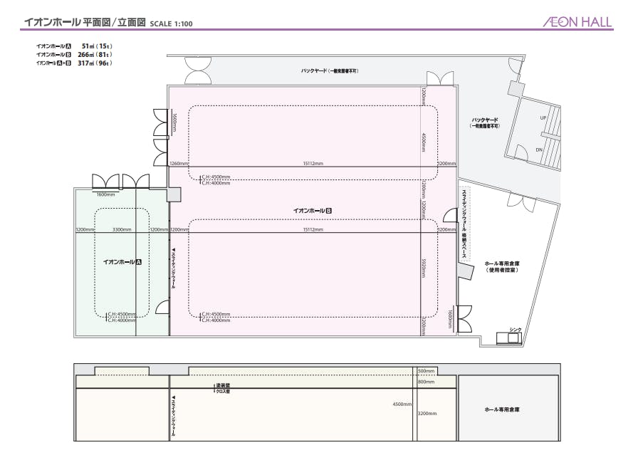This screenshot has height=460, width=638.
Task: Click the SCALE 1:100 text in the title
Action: [x=172, y=23]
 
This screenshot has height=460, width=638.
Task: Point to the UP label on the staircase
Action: [x=543, y=118]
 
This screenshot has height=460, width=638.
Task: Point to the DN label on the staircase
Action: [x=539, y=150]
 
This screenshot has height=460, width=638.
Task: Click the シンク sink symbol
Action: [x=513, y=338]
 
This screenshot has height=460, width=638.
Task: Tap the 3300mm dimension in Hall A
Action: [x=121, y=229]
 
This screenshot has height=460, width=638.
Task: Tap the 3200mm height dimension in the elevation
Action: [x=427, y=412]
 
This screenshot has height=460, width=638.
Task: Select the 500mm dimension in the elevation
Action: [x=426, y=371]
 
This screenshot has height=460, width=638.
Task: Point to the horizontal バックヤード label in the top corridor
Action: [x=329, y=71]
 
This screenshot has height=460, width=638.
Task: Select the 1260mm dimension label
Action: [x=179, y=163]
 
